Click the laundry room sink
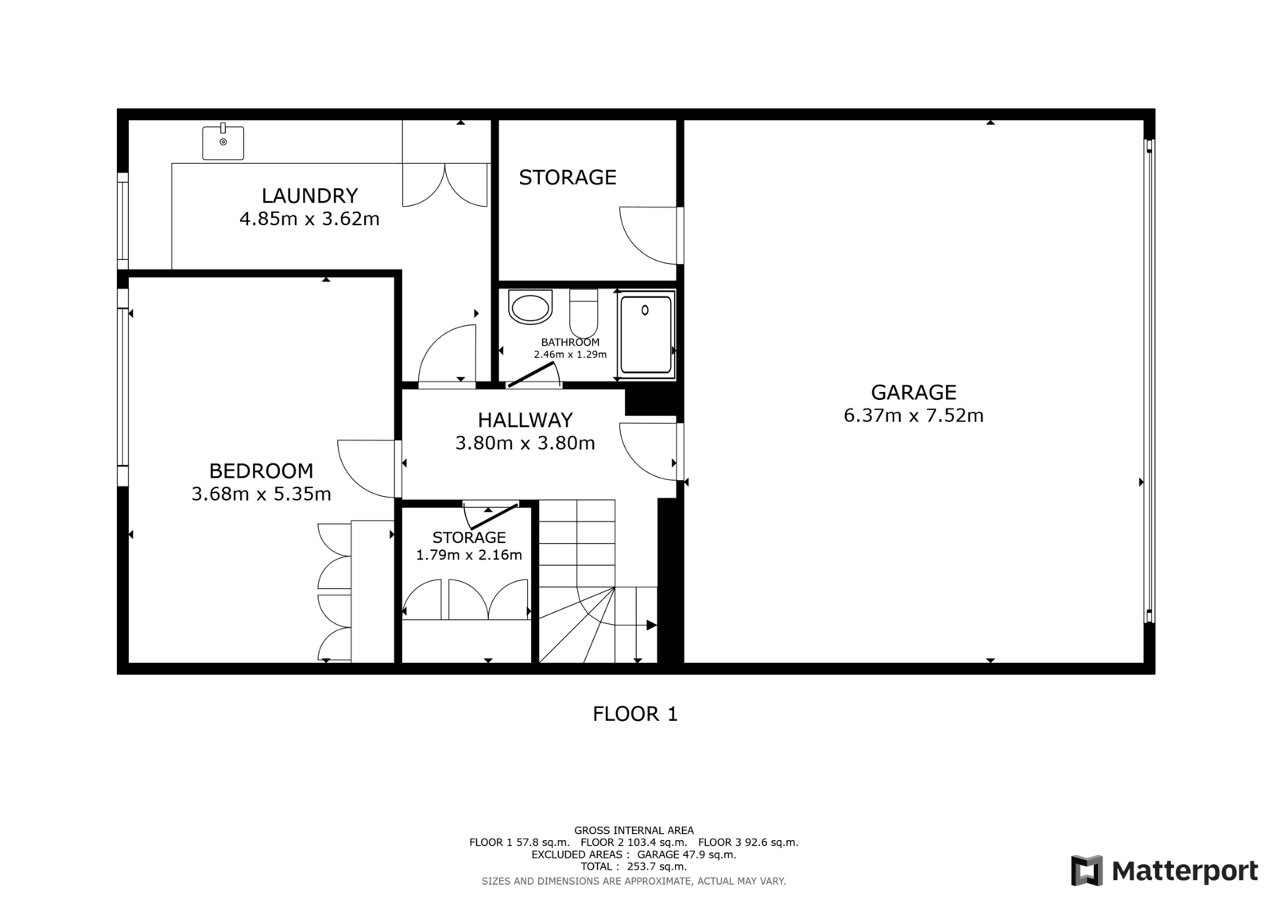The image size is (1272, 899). tap(223, 142)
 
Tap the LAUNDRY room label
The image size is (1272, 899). tap(309, 196)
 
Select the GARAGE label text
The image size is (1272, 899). tap(913, 393)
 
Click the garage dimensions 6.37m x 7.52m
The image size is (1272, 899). tap(913, 416)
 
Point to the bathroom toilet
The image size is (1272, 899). tap(584, 313)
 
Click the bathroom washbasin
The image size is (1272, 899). tap(530, 308)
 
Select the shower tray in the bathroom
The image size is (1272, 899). tap(646, 335)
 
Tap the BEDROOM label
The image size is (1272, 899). tap(262, 471)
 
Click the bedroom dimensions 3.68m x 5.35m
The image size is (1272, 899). tap(262, 494)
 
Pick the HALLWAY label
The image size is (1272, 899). tap(525, 420)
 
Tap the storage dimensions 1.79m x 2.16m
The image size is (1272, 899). tap(469, 555)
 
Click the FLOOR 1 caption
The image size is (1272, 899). tap(635, 714)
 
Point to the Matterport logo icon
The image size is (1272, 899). tap(1086, 870)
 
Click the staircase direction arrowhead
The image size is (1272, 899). tap(652, 626)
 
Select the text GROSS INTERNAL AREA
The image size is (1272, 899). tap(634, 831)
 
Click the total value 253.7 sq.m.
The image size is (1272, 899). tap(657, 866)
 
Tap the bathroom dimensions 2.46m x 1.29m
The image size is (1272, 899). tap(570, 355)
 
